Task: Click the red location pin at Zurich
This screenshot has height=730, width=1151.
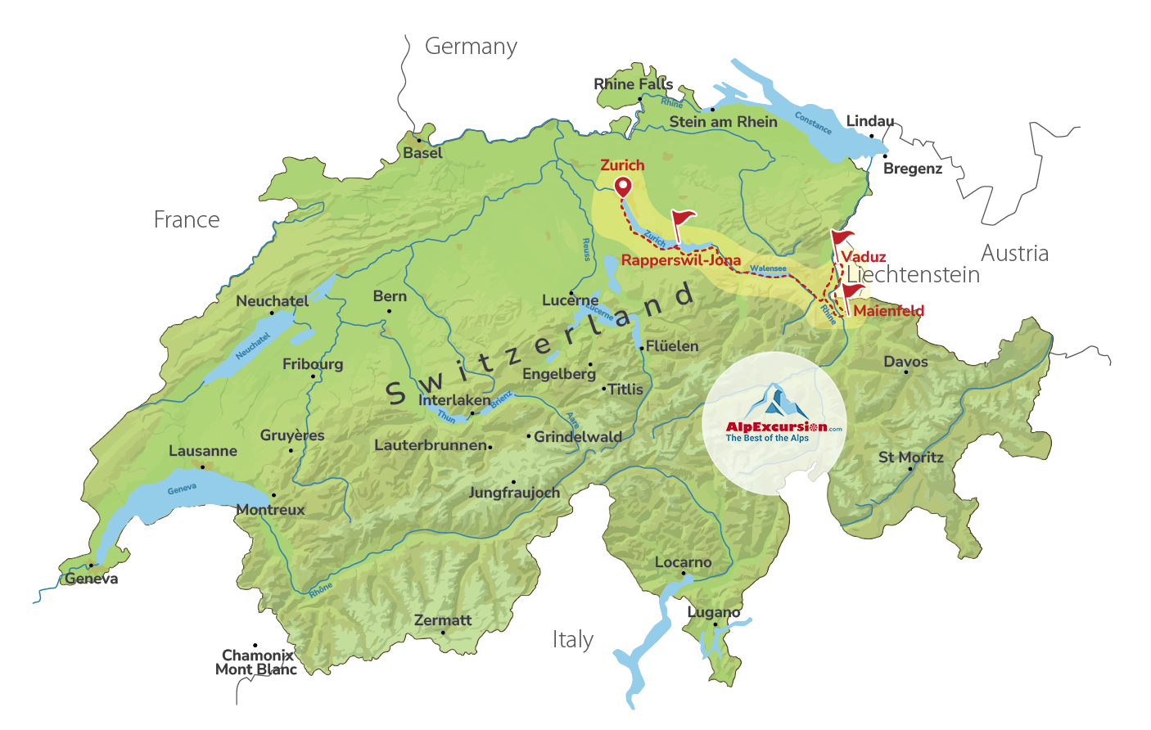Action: pos(623,187)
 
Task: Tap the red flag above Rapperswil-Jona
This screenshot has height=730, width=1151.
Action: pos(682,219)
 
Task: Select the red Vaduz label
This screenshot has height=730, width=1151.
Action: pos(864,257)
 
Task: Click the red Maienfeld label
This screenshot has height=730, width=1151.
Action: pos(888,311)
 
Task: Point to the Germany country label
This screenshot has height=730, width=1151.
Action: pos(471,47)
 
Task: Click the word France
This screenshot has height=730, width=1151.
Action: pos(187,220)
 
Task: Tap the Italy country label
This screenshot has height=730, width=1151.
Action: pos(572,639)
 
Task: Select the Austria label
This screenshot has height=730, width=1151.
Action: pos(1014,253)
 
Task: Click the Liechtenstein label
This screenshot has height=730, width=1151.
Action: pos(913,275)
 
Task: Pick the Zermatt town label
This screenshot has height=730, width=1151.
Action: pos(443,620)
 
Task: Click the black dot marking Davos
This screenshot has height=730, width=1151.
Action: pos(905,372)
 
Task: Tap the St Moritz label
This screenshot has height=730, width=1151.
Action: pos(910,457)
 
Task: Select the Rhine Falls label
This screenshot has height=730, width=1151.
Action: pos(633,84)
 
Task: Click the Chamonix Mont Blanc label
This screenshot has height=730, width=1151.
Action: pos(256,662)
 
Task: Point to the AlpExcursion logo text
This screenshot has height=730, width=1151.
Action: pos(775,427)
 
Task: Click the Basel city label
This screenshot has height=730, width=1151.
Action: pos(422,153)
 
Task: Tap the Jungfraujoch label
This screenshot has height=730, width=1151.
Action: pos(514,493)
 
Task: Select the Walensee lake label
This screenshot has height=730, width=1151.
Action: pos(768,268)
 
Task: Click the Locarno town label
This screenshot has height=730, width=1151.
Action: pos(683,562)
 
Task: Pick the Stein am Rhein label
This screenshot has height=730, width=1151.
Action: pos(723,122)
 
